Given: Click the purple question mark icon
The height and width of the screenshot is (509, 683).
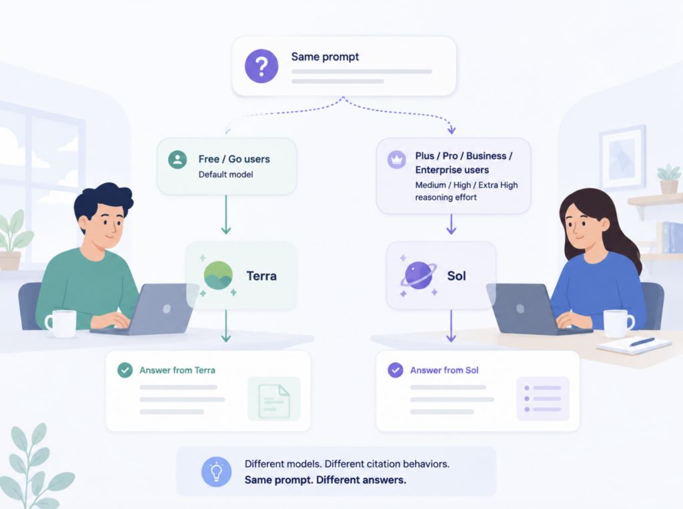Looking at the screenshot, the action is coord(261,66).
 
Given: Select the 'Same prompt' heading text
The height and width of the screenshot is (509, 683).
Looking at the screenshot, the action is coord(325,57).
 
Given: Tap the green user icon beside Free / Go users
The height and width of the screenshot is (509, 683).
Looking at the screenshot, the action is coord(177,160).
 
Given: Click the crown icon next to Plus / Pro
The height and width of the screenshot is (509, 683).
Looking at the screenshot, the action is coord(397,160).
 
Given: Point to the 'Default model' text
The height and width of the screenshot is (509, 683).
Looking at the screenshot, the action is coord(225,174).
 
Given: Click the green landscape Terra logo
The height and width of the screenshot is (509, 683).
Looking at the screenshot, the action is coord(218,276).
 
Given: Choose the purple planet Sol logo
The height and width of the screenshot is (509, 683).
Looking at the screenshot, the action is coord(419,276).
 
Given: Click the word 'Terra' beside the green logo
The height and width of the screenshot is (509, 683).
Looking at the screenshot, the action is coord(261,276).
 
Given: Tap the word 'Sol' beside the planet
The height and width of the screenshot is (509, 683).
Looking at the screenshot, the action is coord(456,276).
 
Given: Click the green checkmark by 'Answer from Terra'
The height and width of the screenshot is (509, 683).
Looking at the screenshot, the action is coord(125,370).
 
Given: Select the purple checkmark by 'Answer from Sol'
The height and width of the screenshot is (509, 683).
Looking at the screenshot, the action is coord(396,370).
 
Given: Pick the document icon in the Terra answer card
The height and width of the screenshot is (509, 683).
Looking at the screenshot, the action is coord(274,401).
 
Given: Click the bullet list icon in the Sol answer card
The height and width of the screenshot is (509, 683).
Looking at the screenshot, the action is coord(543,399).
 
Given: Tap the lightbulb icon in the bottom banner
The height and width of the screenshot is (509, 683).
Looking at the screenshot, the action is coord(217,472).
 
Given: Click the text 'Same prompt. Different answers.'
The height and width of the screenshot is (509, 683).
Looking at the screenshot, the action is coord(325,480).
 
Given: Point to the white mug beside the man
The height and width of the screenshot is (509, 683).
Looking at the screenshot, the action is coord(61,324).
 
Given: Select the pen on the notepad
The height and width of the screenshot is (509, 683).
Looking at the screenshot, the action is coord(642,342).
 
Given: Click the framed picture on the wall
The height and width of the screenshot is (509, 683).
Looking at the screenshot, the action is coord(623,157).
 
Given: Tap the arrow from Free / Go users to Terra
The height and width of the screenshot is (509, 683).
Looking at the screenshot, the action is coord(226,214).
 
